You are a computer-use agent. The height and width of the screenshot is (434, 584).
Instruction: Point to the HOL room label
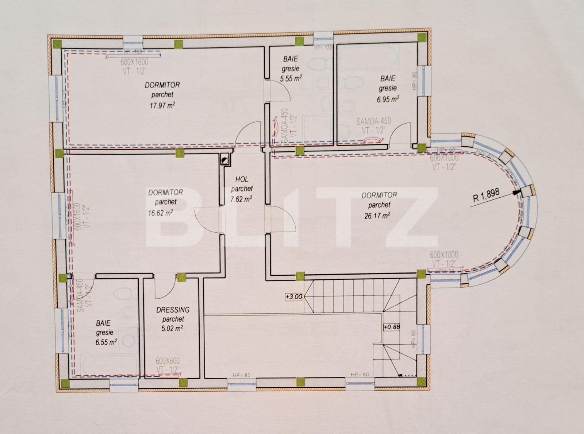(x=242, y=179)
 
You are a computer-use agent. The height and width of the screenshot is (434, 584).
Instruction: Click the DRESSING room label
(x=173, y=310)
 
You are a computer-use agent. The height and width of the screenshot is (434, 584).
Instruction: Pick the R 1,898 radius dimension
(x=486, y=197)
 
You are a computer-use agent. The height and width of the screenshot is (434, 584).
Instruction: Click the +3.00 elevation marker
(x=294, y=297)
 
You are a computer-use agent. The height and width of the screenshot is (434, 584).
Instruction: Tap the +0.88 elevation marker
(x=392, y=327)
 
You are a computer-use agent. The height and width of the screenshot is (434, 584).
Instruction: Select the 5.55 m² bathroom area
(x=291, y=78)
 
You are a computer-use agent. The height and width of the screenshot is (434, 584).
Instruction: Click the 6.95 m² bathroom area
(x=388, y=99)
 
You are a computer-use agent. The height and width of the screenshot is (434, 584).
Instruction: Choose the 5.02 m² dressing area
(x=172, y=328)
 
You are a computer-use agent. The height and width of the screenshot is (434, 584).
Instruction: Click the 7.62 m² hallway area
(x=241, y=199)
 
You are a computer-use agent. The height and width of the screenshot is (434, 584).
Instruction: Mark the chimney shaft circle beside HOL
(x=225, y=159)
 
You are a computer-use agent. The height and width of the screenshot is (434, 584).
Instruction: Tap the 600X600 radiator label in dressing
(x=168, y=361)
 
